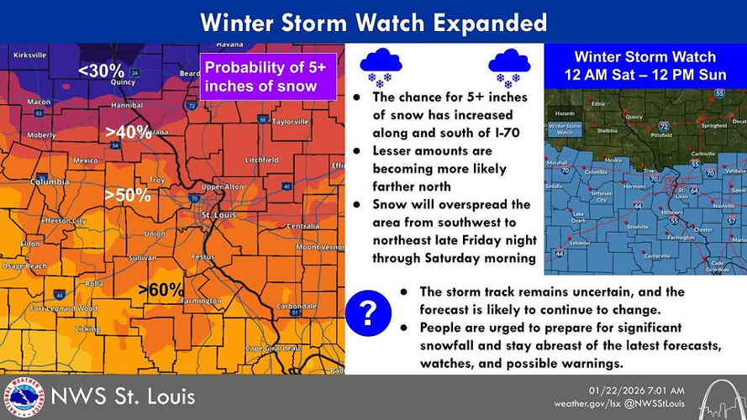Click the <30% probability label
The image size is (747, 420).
pyautogui.click(x=101, y=71)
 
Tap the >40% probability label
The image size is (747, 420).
pyautogui.click(x=128, y=132)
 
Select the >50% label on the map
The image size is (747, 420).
pyautogui.click(x=127, y=196)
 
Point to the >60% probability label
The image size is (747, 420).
pyautogui.click(x=160, y=290)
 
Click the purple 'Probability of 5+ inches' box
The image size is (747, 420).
pyautogui.click(x=267, y=77)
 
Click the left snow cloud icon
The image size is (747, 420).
pyautogui.click(x=380, y=66)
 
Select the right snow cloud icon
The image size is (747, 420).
pyautogui.click(x=508, y=66)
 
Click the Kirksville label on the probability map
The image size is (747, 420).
pyautogui.click(x=30, y=55)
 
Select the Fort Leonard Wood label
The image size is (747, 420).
pyautogui.click(x=63, y=308)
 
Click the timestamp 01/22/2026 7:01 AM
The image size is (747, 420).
pyautogui.click(x=636, y=391)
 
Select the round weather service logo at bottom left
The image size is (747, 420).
pyautogui.click(x=23, y=396)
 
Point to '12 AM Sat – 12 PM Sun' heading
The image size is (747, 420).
pyautogui.click(x=644, y=76)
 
